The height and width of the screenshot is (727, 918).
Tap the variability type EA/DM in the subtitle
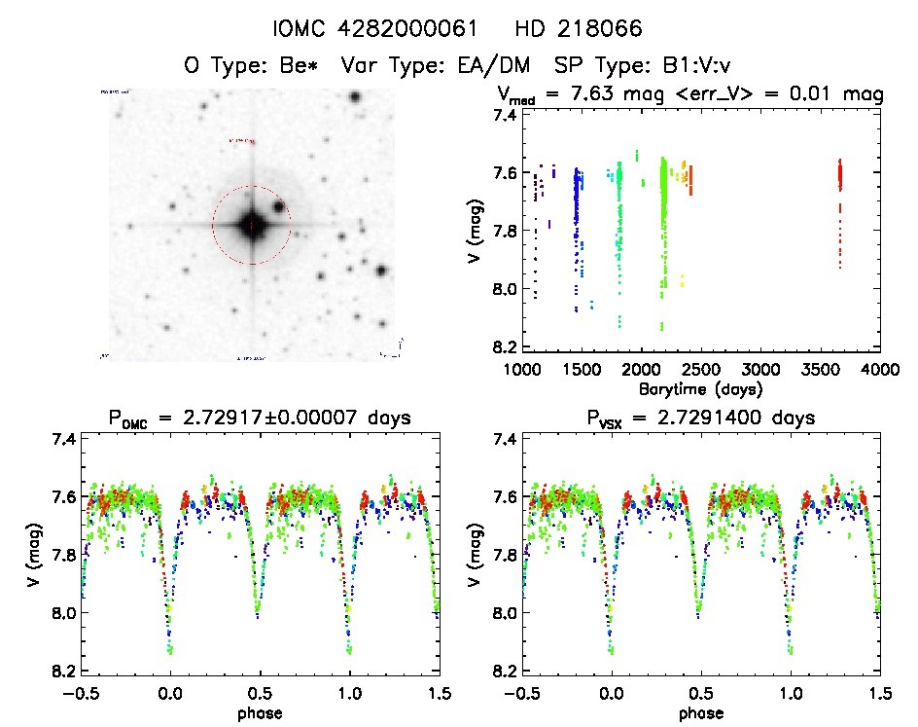click(x=494, y=67)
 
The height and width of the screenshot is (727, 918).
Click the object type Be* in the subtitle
click(x=300, y=67)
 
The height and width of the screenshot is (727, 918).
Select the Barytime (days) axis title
click(x=700, y=388)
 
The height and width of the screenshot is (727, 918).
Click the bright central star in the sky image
click(x=252, y=225)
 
